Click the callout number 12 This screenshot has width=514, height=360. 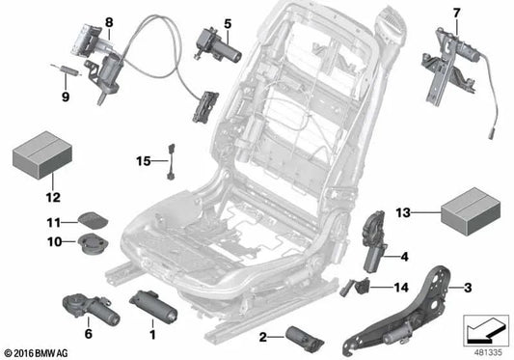click(25, 197)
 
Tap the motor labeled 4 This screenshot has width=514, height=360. click(371, 242)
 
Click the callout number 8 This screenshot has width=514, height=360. click(109, 20)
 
